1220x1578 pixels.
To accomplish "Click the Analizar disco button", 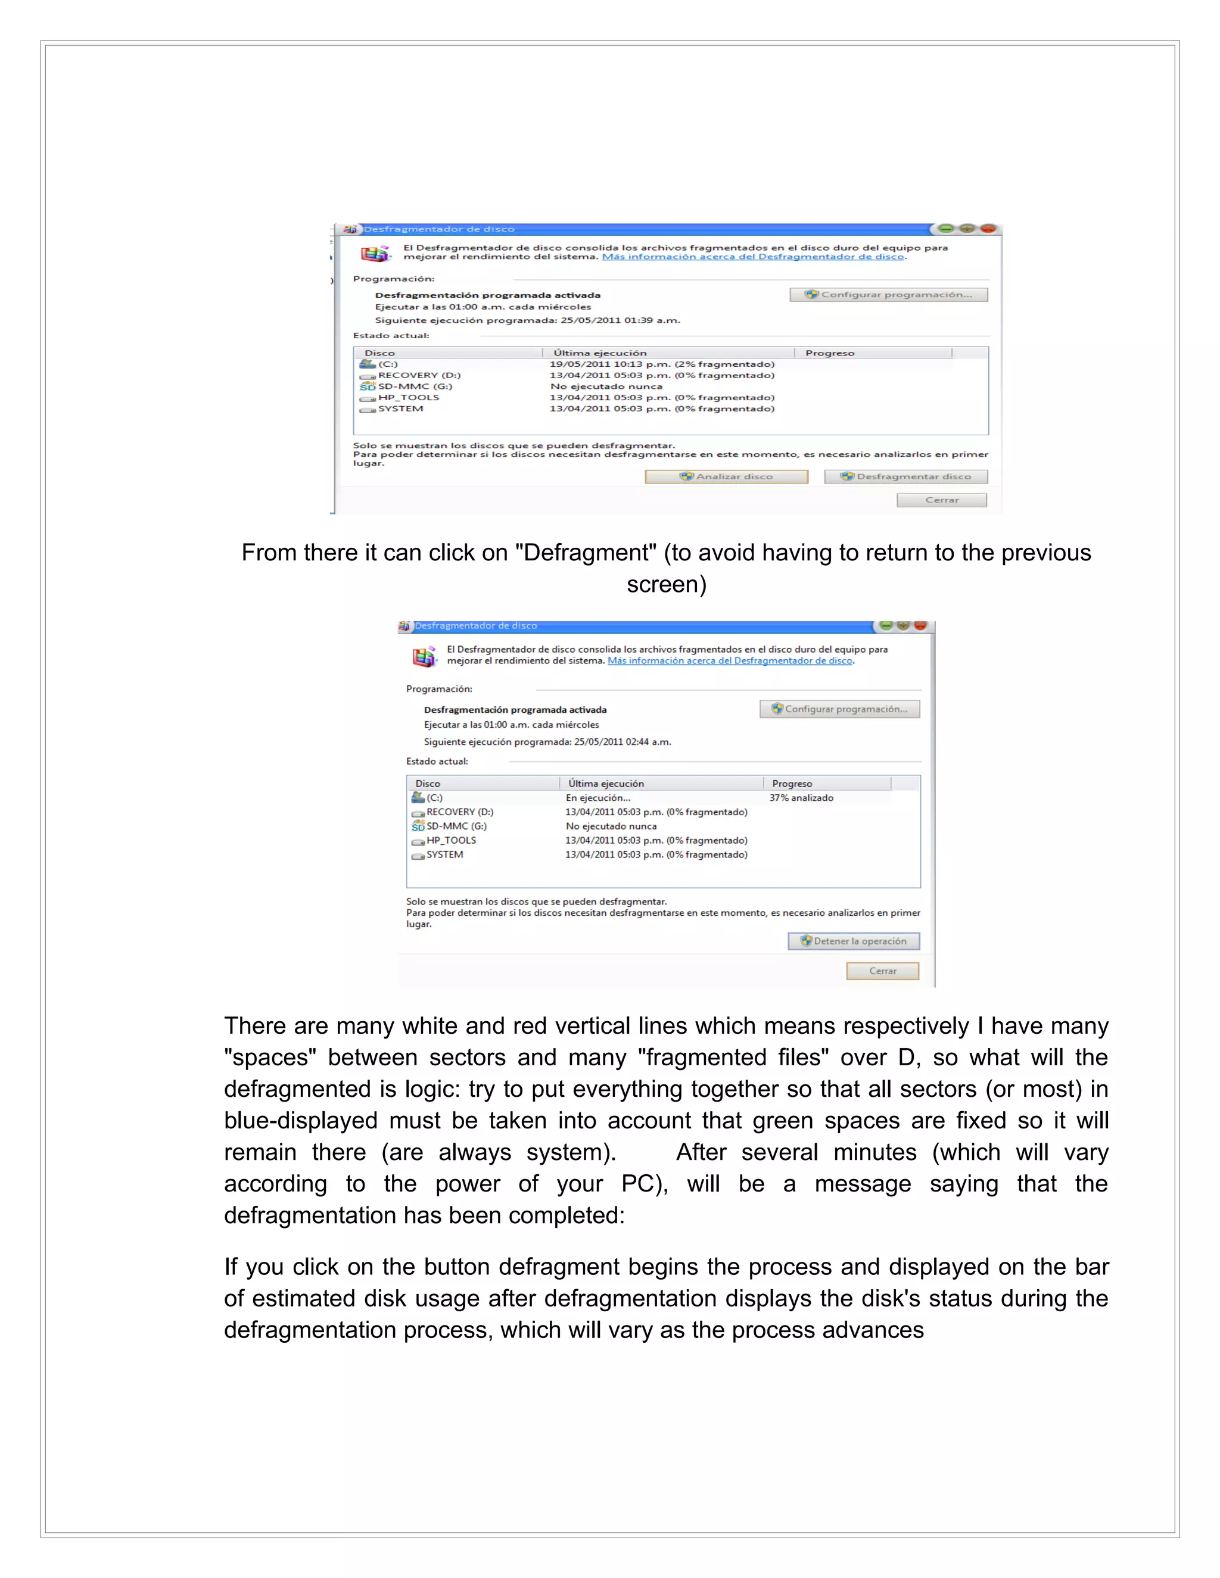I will (726, 477).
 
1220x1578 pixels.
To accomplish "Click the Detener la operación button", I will (854, 941).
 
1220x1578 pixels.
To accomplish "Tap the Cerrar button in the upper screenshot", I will (941, 500).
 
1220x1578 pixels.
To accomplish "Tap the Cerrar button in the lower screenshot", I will (882, 971).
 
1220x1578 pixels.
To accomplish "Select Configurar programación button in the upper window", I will (888, 295).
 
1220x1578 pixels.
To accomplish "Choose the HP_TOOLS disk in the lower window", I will (451, 840).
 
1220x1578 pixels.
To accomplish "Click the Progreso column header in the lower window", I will (792, 784).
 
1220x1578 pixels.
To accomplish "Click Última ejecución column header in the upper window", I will (600, 353).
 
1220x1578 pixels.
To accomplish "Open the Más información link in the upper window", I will (752, 257).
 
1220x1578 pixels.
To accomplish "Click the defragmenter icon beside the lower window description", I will (424, 656).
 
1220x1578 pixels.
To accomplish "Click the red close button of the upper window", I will (988, 229).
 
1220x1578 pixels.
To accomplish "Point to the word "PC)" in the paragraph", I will (645, 1184).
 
